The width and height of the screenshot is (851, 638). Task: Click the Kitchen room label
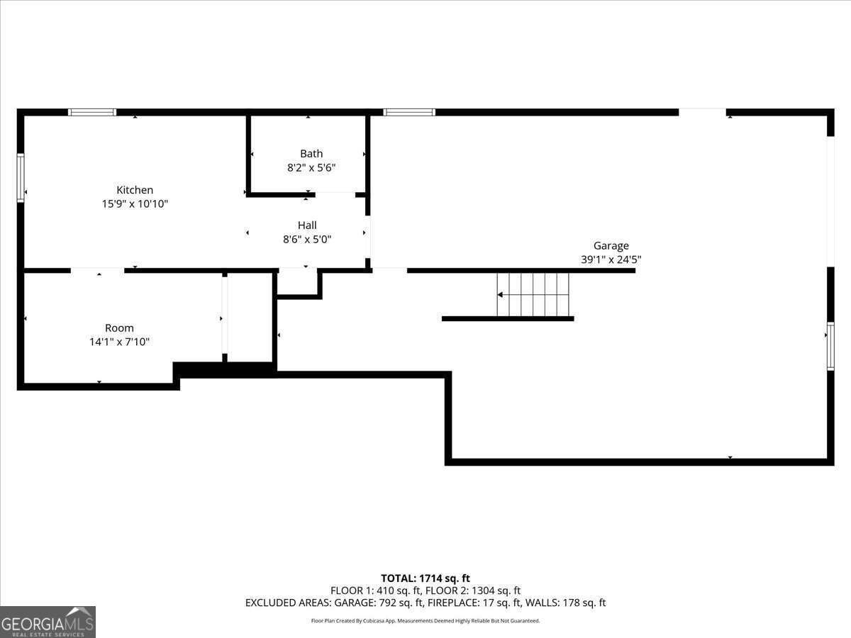(x=135, y=190)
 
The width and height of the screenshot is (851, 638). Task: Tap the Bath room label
(x=311, y=154)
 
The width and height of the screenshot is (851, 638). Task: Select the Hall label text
(x=307, y=225)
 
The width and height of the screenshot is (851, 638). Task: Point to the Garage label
(x=611, y=246)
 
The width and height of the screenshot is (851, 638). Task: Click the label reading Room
(x=119, y=328)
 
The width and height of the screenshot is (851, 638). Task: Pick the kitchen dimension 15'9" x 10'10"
(x=135, y=204)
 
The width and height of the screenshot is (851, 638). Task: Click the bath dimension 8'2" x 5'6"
(x=311, y=168)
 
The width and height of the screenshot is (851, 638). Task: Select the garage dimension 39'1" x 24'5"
(x=611, y=260)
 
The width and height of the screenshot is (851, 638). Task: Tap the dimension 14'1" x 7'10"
(x=119, y=342)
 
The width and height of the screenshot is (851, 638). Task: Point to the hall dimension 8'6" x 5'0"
(x=307, y=240)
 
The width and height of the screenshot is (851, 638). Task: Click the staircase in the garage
(x=533, y=295)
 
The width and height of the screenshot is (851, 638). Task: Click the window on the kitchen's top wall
(x=92, y=112)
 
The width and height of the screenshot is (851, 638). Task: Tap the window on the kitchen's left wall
(x=21, y=177)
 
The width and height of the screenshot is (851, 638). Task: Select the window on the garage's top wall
(x=409, y=112)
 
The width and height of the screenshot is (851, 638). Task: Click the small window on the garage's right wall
(x=830, y=346)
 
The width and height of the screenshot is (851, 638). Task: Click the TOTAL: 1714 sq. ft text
(x=425, y=578)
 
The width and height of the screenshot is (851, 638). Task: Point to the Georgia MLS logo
(x=48, y=622)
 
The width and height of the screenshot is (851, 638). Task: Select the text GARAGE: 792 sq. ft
(x=384, y=603)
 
